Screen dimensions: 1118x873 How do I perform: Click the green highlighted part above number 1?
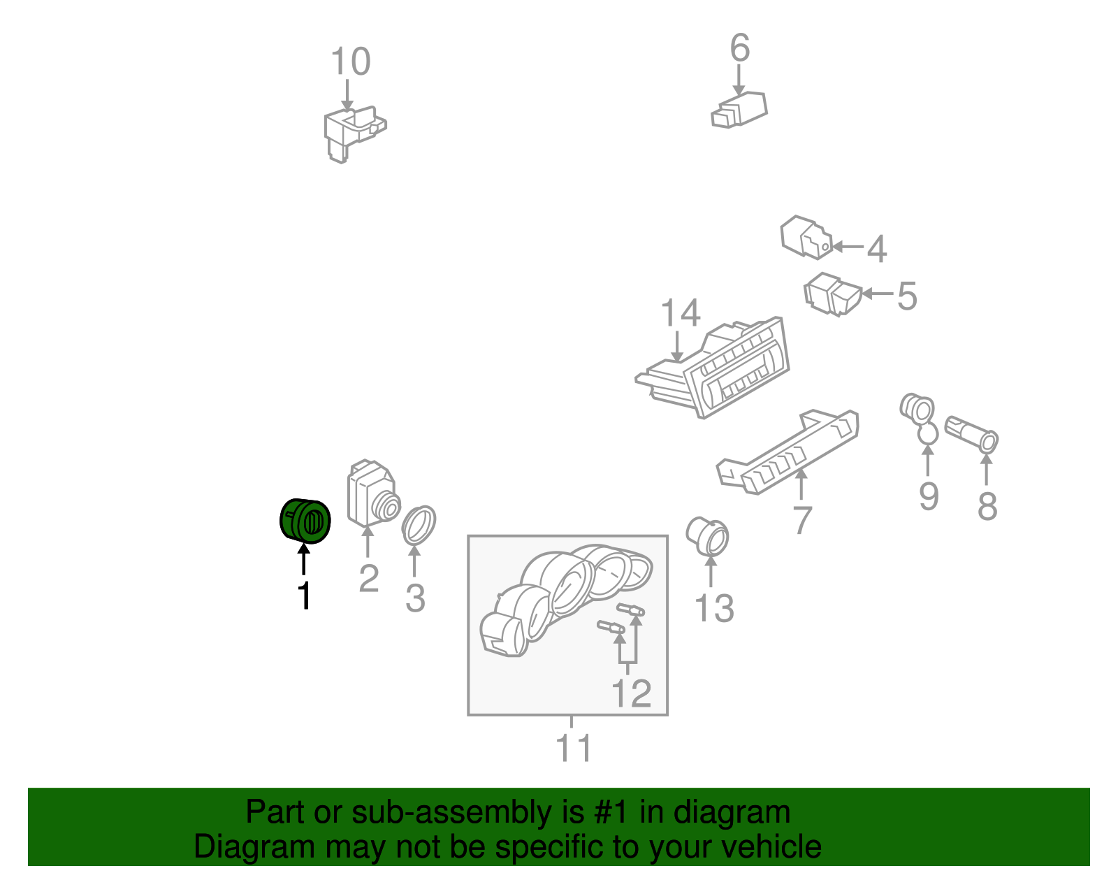click(x=305, y=521)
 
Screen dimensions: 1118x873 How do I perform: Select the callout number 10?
click(x=350, y=62)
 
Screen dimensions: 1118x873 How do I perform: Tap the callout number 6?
click(x=740, y=48)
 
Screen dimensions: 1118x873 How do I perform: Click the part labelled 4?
click(x=805, y=237)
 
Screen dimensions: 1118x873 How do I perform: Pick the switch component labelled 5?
click(x=832, y=294)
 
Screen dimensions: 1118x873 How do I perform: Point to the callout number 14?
click(x=680, y=312)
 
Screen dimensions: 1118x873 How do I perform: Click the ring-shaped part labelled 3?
click(x=419, y=525)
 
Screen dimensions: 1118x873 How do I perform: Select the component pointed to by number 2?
click(x=373, y=493)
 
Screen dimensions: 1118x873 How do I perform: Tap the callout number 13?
click(x=714, y=608)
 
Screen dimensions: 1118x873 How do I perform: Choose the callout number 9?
click(x=929, y=496)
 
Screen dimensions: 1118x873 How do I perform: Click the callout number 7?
click(x=803, y=520)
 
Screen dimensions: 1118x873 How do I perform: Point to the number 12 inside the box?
click(x=631, y=693)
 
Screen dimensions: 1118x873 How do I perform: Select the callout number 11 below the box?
click(x=574, y=748)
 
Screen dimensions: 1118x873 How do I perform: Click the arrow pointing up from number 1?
click(x=303, y=558)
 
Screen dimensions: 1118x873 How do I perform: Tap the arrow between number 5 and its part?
click(x=877, y=294)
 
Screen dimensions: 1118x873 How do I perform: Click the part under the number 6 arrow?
click(x=739, y=110)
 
